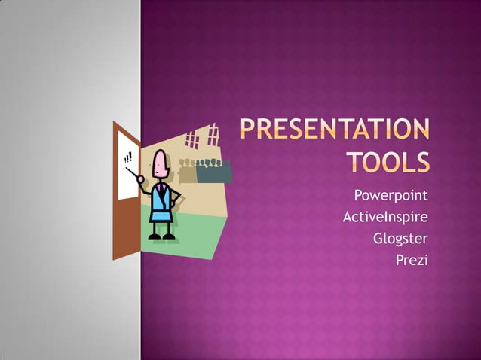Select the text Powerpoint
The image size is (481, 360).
[x=391, y=196]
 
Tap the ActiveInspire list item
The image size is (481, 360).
[x=385, y=218]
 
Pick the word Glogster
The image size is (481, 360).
[x=400, y=239]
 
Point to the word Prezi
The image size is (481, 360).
[x=412, y=261]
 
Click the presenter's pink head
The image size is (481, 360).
[x=160, y=161]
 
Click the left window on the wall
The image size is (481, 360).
[x=191, y=139]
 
